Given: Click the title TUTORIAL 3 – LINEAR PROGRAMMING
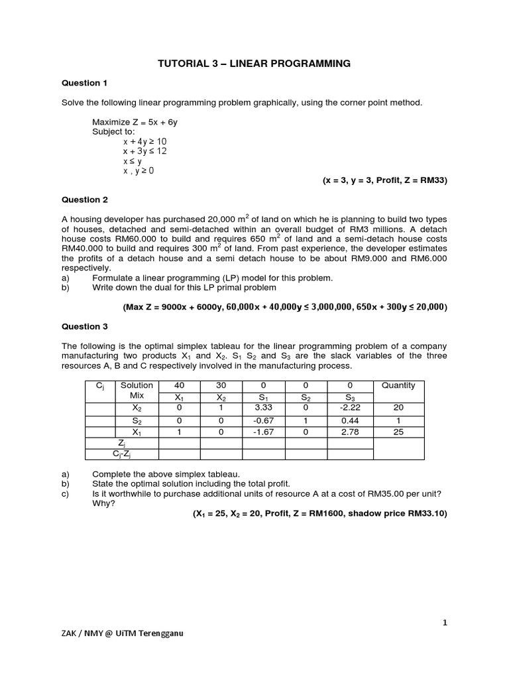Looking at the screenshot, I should [x=253, y=64].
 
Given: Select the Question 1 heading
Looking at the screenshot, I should [x=84, y=84].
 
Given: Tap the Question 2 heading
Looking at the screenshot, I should [x=84, y=200].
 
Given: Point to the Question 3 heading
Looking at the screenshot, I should [x=84, y=326].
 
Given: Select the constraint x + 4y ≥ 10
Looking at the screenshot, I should [x=144, y=141].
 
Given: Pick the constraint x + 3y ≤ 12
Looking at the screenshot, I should [x=144, y=151].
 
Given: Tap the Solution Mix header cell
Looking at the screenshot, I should [x=137, y=391].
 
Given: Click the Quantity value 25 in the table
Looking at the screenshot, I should [x=398, y=432].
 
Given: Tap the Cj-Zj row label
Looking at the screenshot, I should [x=122, y=454].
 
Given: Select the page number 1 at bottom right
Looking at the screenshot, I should [x=445, y=623].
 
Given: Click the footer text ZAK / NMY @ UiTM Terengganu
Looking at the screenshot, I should [x=123, y=633].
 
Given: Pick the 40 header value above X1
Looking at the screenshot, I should [x=179, y=385].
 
